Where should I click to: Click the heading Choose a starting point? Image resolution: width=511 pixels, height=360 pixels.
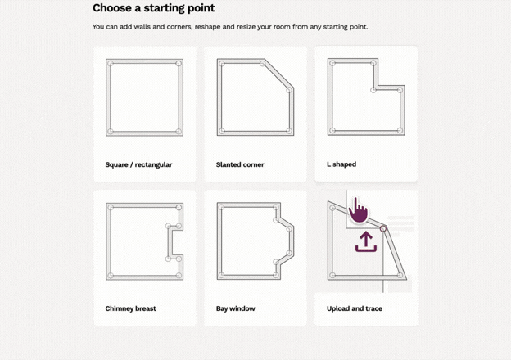153,8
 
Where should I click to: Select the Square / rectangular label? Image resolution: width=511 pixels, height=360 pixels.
138,164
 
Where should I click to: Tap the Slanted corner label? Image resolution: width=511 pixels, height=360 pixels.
240,164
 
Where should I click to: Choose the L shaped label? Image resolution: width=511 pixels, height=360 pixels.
341,164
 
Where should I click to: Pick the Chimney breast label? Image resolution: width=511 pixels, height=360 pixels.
130,308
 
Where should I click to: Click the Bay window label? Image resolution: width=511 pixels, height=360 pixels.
235,308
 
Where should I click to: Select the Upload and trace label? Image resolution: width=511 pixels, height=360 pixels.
355,308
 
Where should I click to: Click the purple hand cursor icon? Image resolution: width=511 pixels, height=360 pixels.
358,211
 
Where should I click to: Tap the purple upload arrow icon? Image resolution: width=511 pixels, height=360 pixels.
366,241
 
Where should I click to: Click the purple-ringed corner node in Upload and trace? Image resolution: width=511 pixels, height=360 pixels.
383,229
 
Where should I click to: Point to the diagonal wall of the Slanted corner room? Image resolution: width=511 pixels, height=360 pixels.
277,75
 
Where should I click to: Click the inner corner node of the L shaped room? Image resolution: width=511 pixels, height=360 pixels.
373,90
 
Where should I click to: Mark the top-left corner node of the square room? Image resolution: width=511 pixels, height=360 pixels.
111,64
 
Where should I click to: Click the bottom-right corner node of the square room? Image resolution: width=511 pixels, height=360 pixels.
179,132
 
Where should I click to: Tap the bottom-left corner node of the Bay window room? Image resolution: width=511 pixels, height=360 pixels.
221,276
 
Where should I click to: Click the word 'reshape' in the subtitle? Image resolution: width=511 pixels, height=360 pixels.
206,27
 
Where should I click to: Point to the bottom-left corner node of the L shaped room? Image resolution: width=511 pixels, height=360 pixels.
332,131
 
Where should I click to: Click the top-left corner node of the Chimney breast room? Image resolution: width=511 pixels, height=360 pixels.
111,207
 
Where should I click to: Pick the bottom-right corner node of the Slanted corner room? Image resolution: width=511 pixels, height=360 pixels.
289,131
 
